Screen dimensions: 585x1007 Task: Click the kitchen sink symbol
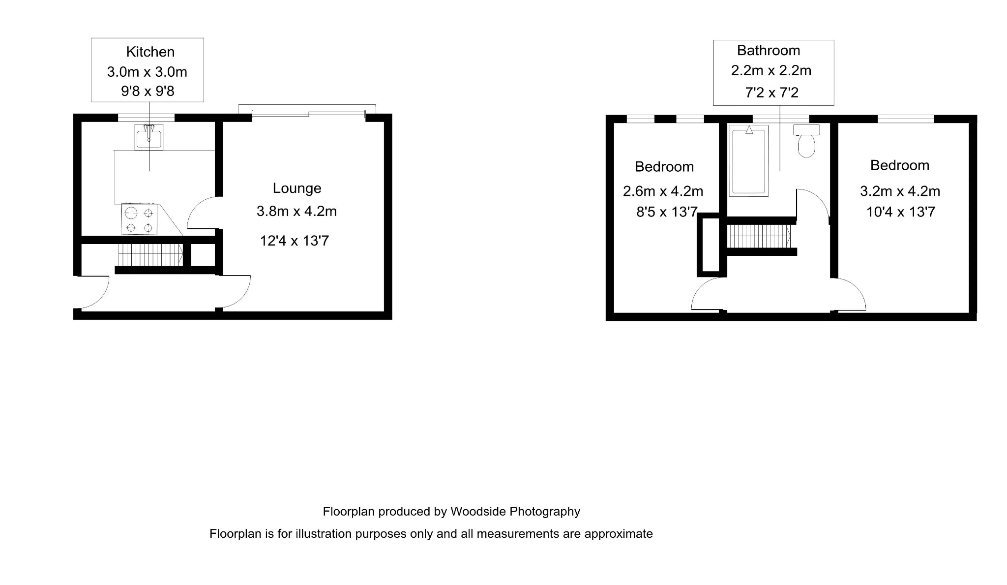coord(149,137)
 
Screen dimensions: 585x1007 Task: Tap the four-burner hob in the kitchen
coord(140,219)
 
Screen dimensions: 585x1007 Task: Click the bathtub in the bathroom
coord(748,161)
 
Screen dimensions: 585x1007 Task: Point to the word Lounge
coord(297,188)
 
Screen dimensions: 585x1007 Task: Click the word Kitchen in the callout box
coord(150,52)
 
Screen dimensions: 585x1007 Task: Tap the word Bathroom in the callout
coord(769,50)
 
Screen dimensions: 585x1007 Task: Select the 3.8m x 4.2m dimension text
coord(296,211)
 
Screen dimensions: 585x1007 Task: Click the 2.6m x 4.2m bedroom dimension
coord(663,191)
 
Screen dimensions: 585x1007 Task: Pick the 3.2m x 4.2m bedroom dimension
coord(900,191)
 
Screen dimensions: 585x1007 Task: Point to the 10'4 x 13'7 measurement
coord(900,212)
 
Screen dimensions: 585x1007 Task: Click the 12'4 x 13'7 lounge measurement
coord(294,241)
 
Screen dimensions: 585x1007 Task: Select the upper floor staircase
coord(759,236)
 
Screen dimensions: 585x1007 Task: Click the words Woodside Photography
coord(515,512)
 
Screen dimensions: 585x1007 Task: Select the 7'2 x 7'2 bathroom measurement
coord(771,92)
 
